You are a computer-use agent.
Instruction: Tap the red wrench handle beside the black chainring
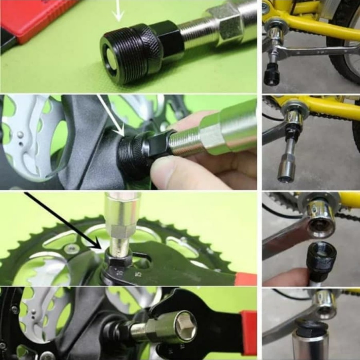pos(245,279)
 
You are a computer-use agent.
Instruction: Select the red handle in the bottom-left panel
pos(249,332)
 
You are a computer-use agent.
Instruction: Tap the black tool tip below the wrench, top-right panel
pos(272,76)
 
